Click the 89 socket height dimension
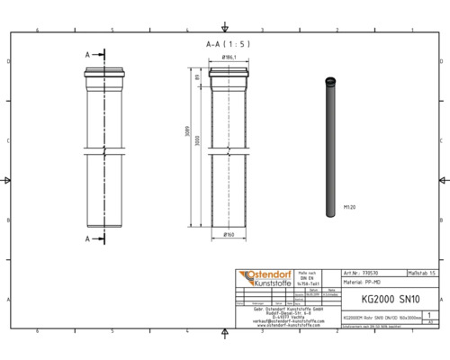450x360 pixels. click(195, 78)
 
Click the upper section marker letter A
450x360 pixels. click(87, 55)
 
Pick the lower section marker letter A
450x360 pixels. click(87, 238)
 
